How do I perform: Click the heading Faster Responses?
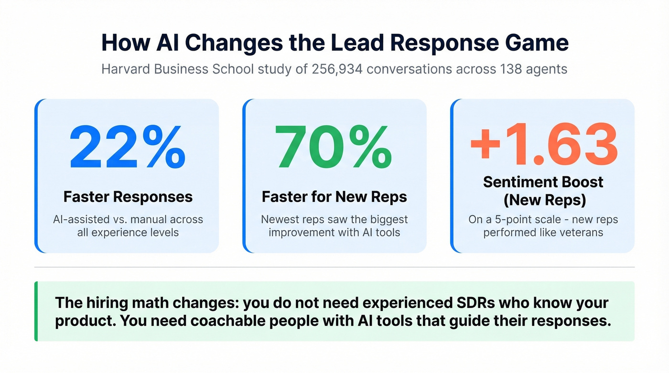pos(128,196)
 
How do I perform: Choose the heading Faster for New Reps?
pos(334,196)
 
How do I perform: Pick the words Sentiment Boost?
pos(543,182)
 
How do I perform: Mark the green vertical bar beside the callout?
pos(36,311)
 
